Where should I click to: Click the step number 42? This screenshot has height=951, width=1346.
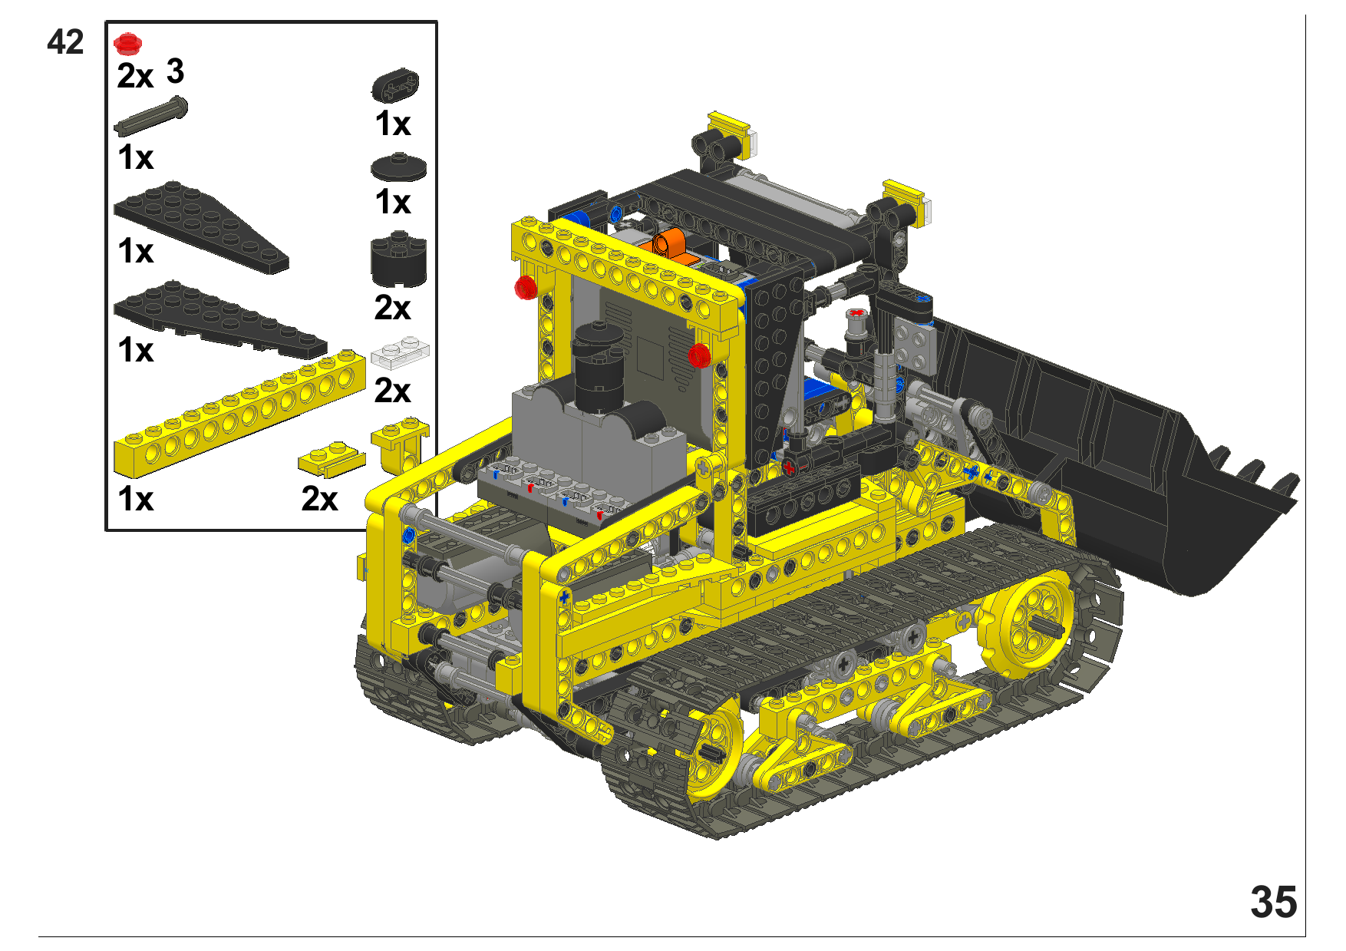tap(65, 42)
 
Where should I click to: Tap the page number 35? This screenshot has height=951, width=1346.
tap(1273, 902)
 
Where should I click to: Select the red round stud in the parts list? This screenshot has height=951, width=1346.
tap(127, 44)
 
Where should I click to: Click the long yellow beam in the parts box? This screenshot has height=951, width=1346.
tap(239, 413)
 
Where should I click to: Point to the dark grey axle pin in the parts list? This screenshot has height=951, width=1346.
tap(150, 115)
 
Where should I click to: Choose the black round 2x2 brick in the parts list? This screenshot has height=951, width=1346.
tap(398, 261)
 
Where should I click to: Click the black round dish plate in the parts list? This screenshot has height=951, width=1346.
tap(398, 167)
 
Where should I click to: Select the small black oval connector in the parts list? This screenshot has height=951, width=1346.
tap(395, 86)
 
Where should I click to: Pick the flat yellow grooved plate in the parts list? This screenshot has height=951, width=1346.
tap(332, 458)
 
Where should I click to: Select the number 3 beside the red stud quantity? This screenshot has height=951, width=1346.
tap(176, 71)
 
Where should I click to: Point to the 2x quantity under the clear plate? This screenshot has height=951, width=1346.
tap(392, 391)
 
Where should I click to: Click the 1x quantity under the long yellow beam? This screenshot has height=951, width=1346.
tap(136, 500)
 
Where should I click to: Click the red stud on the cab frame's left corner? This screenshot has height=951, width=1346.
tap(526, 287)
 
